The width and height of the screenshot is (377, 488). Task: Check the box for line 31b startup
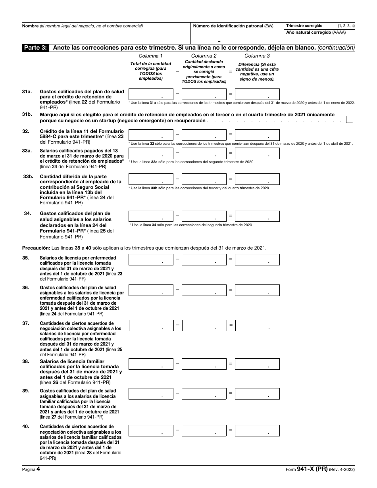(x=349, y=119)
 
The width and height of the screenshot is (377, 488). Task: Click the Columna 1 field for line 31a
(x=151, y=94)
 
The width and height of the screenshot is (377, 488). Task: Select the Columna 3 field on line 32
(x=257, y=135)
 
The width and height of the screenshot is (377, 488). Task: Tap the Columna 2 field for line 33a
(x=204, y=153)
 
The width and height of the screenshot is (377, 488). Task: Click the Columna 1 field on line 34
(x=151, y=216)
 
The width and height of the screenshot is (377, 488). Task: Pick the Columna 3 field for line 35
(x=257, y=260)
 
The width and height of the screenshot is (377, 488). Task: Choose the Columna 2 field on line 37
(x=204, y=326)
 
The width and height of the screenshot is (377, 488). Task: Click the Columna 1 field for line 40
(x=151, y=430)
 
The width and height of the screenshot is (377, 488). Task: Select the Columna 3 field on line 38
(x=257, y=364)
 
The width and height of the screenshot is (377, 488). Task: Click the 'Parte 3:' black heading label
(x=36, y=48)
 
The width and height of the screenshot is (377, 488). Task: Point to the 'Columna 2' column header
(x=204, y=56)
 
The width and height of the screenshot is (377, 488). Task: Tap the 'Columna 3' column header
(x=257, y=56)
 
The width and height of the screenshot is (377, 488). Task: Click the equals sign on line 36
(x=231, y=290)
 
